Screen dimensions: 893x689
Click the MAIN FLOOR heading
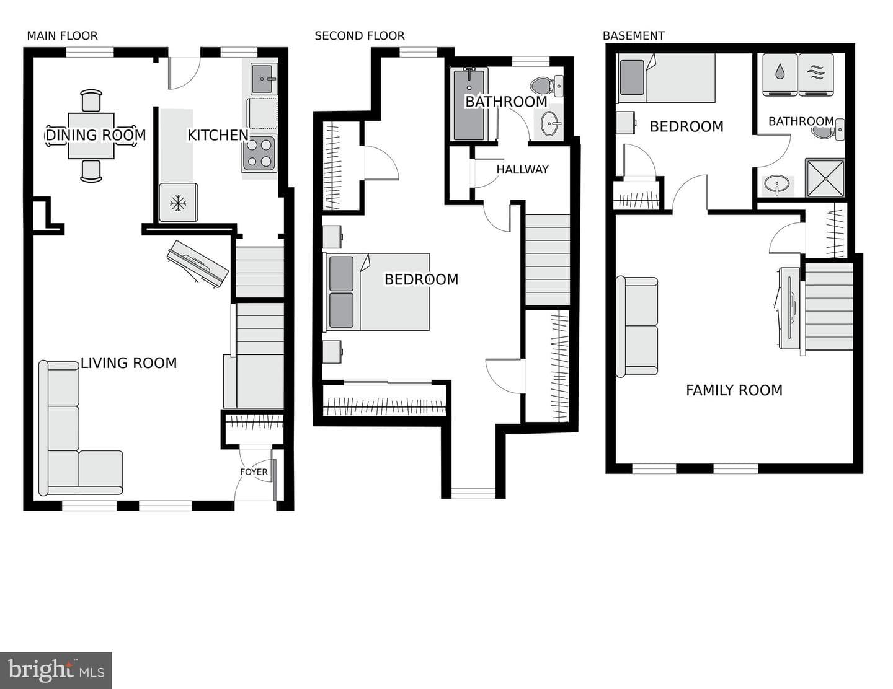point(63,36)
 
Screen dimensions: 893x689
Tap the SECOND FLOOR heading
point(360,36)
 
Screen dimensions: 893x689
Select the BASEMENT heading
point(634,36)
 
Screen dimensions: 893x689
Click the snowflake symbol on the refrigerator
point(178,203)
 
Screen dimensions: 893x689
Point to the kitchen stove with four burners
point(259,154)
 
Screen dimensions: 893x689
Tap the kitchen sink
point(262,79)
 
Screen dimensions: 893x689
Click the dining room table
point(91,136)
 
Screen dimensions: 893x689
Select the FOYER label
point(254,472)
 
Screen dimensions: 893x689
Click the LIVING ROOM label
point(128,363)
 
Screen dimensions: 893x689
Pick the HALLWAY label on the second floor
point(522,170)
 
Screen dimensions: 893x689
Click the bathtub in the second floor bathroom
point(469,104)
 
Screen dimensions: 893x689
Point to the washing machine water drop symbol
point(780,72)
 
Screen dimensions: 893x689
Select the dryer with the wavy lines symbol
point(816,74)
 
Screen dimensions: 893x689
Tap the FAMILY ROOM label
point(734,390)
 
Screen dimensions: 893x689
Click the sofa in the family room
point(636,327)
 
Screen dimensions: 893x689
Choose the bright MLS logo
point(56,670)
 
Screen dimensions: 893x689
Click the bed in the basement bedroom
point(666,77)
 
